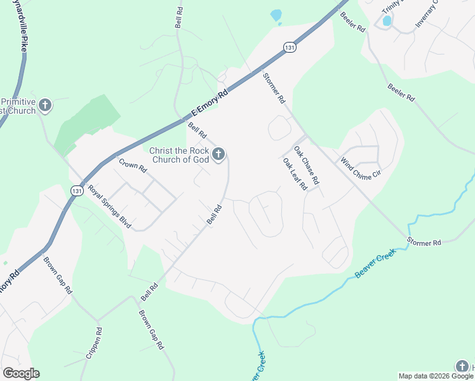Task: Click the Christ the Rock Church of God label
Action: (x=178, y=155)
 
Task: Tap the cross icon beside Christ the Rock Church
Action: (x=218, y=154)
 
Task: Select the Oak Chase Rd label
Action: (x=306, y=164)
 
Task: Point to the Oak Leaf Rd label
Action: (x=295, y=173)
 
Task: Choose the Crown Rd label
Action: (x=133, y=166)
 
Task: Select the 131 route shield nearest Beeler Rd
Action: (x=289, y=48)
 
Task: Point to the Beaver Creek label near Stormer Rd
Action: (x=375, y=263)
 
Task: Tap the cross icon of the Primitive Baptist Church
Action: (x=44, y=105)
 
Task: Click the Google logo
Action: (x=21, y=373)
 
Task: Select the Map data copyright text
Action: (x=436, y=376)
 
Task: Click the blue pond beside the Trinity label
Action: (x=387, y=21)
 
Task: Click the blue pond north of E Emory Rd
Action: (x=276, y=15)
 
